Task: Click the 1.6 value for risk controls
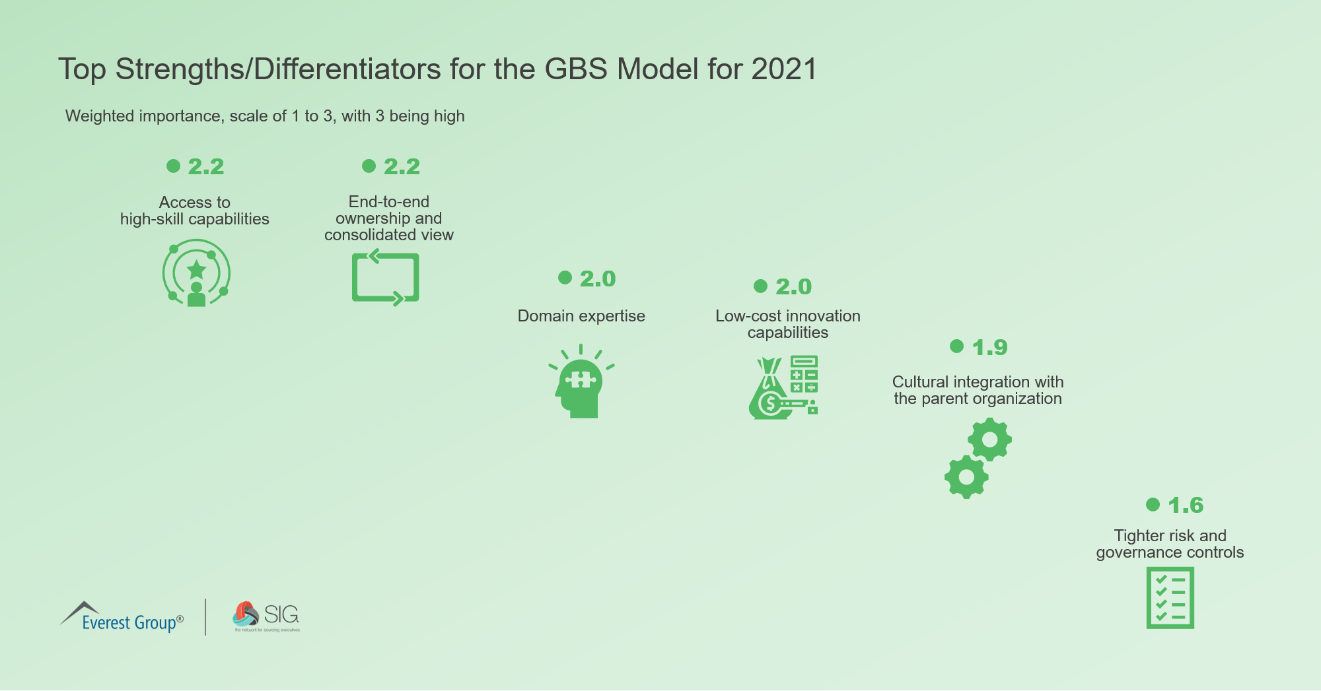tap(1186, 506)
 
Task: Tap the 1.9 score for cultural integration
tap(989, 348)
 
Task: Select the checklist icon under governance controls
tap(1170, 598)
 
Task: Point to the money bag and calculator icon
tap(784, 387)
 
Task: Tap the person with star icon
tap(196, 273)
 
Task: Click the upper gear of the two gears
tap(989, 440)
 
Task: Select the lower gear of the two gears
tap(966, 477)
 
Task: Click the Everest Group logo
tap(122, 617)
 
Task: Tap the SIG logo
tap(266, 616)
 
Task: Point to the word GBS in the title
tap(575, 69)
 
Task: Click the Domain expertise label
tap(581, 316)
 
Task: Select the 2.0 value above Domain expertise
tap(597, 279)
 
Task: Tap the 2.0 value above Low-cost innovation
tap(793, 287)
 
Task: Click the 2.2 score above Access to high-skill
tap(205, 167)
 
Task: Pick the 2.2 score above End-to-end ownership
tap(402, 167)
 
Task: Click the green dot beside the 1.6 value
tap(1153, 505)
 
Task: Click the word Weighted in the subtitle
tap(95, 116)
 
